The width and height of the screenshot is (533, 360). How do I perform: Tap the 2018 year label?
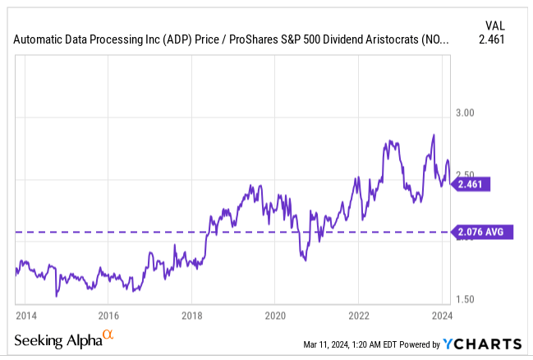tap(192, 315)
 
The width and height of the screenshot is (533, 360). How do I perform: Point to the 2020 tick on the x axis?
tap(275, 315)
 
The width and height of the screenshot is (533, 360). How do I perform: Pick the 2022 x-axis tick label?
tap(359, 315)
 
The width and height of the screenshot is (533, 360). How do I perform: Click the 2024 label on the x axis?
tap(441, 315)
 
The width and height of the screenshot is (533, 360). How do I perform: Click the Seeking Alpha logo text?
tap(57, 340)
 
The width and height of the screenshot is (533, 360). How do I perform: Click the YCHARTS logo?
tap(481, 344)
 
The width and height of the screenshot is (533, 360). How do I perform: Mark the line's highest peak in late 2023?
tap(433, 134)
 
